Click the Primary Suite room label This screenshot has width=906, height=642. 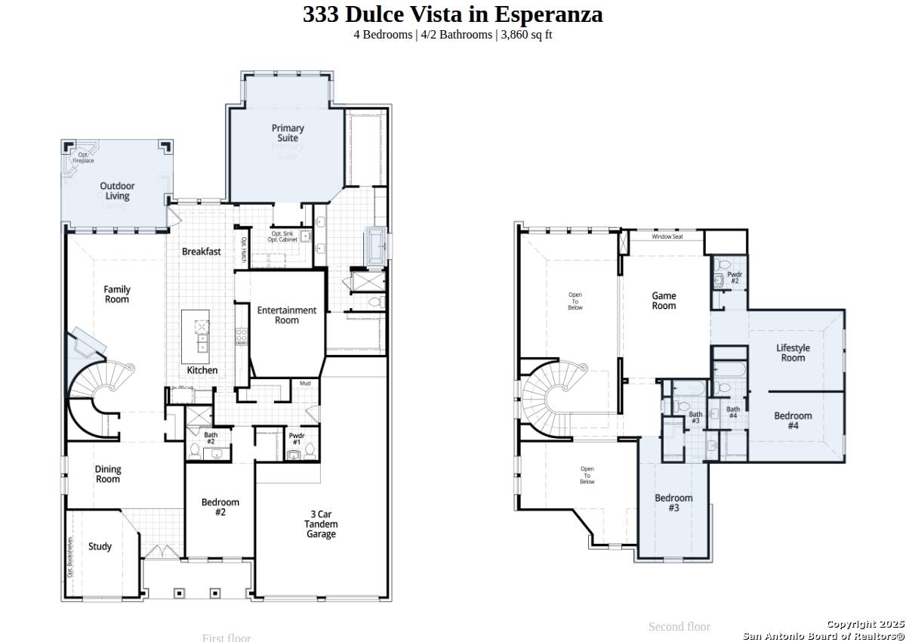tap(288, 133)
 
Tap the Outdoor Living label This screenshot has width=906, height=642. tap(117, 191)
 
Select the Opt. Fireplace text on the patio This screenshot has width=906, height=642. tap(83, 158)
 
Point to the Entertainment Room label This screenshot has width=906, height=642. tap(286, 315)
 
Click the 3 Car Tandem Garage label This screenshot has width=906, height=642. tap(321, 524)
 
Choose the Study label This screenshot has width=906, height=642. tap(100, 546)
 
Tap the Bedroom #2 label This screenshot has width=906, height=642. tap(220, 507)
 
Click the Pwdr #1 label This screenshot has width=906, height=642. tap(296, 438)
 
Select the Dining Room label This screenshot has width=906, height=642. tap(107, 474)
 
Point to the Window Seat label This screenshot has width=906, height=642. tap(667, 236)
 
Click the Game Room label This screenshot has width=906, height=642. tap(664, 301)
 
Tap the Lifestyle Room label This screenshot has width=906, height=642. tap(793, 353)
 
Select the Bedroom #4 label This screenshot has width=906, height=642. tap(793, 421)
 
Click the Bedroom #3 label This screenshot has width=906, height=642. tap(673, 503)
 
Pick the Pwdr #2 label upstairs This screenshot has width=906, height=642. tap(734, 277)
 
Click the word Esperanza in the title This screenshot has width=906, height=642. tap(549, 14)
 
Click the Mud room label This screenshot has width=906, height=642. tap(305, 384)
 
